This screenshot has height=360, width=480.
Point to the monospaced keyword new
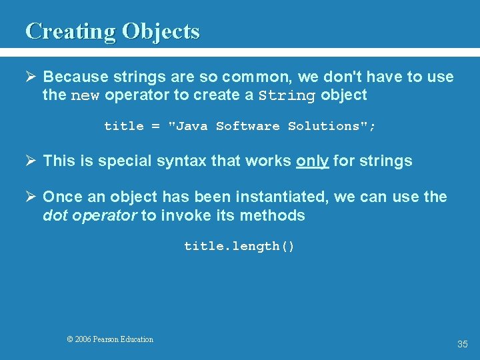[85, 95]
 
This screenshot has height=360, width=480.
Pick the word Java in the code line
[191, 126]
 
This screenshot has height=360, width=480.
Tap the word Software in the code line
[247, 126]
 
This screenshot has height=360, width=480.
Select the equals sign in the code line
[155, 126]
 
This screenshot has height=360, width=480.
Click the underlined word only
[312, 161]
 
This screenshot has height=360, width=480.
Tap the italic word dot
[53, 215]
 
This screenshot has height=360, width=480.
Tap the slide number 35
[463, 344]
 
